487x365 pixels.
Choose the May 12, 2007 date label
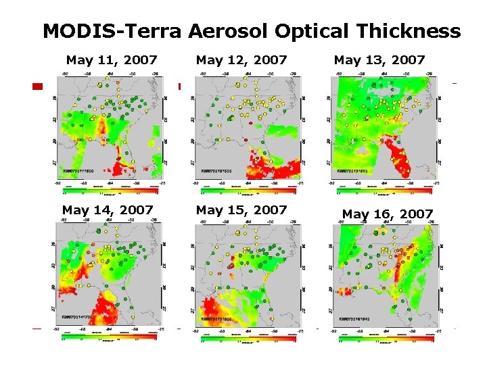[241, 60]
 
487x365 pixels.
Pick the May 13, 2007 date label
[379, 60]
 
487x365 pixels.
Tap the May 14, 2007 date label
[108, 210]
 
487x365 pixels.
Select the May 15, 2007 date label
[241, 210]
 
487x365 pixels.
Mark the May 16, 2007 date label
[388, 214]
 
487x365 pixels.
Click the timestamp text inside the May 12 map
[218, 172]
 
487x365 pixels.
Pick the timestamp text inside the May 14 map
[78, 317]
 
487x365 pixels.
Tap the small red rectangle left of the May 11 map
[38, 87]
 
